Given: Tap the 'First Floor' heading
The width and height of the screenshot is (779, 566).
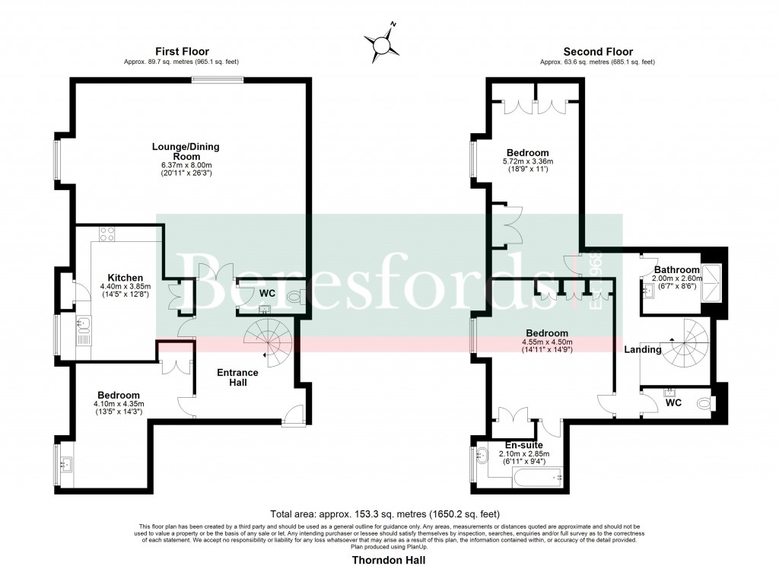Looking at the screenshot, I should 183,52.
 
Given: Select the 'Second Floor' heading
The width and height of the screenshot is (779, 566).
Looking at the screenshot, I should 597,52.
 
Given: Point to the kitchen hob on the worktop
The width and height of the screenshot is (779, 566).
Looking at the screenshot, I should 106,235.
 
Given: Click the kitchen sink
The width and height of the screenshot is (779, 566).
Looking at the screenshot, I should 84,328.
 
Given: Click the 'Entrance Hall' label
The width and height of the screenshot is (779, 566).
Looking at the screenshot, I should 237,377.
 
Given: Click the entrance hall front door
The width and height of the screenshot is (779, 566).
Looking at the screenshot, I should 290,416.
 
